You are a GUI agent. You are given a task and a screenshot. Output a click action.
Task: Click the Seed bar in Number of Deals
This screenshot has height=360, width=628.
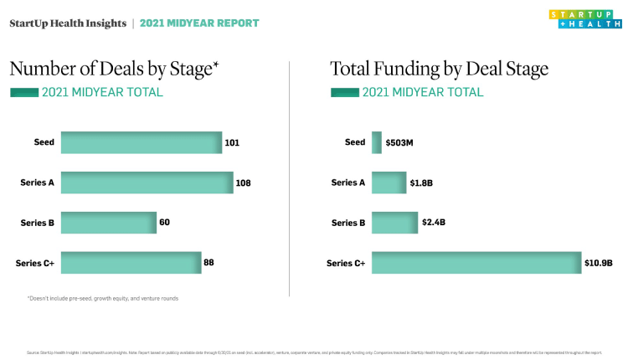(141, 142)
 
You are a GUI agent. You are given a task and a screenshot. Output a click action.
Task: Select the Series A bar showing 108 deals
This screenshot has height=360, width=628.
(147, 183)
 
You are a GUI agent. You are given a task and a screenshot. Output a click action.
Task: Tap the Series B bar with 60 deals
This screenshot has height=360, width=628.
(108, 223)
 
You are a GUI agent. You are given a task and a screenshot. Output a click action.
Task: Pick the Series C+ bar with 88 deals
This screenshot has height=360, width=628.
(131, 263)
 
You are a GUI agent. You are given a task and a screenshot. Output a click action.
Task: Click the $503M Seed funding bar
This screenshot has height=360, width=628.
(377, 142)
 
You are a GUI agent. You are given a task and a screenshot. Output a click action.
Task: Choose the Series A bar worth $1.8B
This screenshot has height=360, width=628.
(389, 183)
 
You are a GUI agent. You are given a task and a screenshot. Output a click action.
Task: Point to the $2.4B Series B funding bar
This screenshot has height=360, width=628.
(394, 223)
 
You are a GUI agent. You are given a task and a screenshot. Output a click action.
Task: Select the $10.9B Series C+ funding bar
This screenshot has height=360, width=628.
(476, 263)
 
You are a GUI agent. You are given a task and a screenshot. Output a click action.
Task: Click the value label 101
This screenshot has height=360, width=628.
(232, 142)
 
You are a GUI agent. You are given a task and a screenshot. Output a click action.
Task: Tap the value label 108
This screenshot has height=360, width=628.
(244, 183)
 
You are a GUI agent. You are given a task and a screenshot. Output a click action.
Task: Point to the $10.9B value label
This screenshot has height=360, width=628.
(599, 263)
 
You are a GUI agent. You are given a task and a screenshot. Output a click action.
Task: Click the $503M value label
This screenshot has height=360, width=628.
(399, 142)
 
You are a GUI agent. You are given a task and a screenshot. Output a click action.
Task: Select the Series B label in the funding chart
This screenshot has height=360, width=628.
(348, 223)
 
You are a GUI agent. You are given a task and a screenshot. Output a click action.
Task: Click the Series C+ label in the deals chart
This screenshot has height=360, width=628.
(35, 263)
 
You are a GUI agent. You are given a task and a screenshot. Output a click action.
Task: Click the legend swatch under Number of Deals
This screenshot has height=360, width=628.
(24, 92)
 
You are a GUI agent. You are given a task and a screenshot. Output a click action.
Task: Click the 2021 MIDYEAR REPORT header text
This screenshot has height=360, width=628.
(199, 23)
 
